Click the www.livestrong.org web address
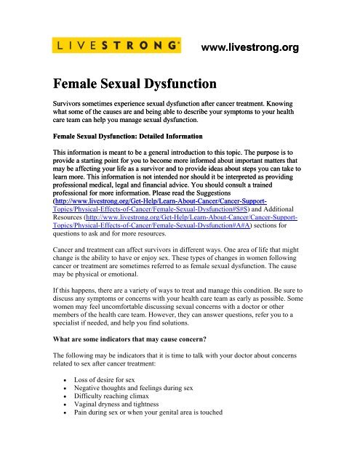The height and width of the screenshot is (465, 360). pos(250,49)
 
